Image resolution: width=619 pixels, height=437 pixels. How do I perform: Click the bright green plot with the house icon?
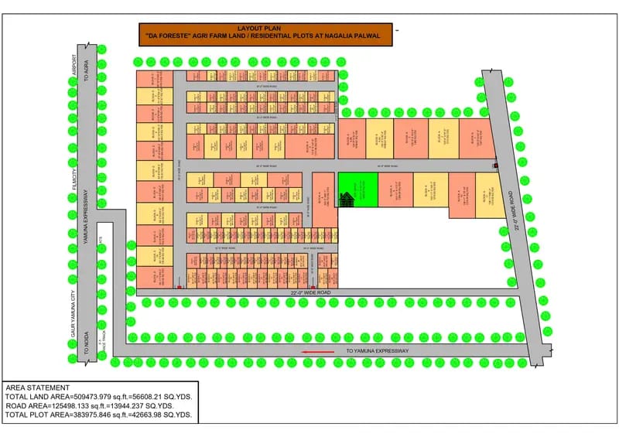point(357,189)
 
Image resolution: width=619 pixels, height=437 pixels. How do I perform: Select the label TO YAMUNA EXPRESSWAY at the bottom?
point(377,352)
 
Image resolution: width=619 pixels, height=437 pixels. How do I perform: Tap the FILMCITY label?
point(76,176)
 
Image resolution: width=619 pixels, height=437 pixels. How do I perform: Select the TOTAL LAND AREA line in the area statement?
point(99,397)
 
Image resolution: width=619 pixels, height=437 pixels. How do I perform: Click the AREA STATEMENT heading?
point(37,387)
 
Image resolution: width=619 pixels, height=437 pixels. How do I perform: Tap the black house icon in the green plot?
point(347,199)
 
